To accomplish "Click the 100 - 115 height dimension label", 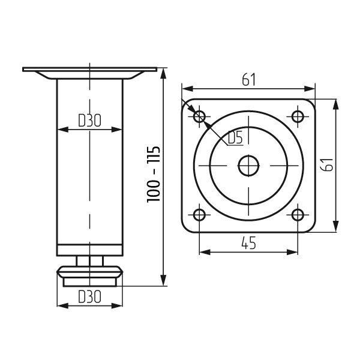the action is (154, 174).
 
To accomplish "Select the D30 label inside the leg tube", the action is (89, 121).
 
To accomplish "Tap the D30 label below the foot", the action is (89, 296).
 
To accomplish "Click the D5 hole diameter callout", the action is (236, 137).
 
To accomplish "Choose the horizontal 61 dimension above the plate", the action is (248, 80).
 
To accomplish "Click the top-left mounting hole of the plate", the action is (199, 116).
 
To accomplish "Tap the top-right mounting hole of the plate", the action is (298, 116).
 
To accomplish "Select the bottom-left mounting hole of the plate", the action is (199, 215).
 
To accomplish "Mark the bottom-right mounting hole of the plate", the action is (298, 215).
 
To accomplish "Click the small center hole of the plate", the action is (248, 166).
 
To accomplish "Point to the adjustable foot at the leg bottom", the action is (89, 276).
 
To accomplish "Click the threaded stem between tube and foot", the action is (89, 261).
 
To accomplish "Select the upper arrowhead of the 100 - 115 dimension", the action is (163, 74).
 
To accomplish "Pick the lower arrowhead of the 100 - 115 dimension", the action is (163, 281).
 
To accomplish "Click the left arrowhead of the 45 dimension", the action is (205, 252).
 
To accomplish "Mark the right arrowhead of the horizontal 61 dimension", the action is (310, 89).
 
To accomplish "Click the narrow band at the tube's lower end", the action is (89, 250).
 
